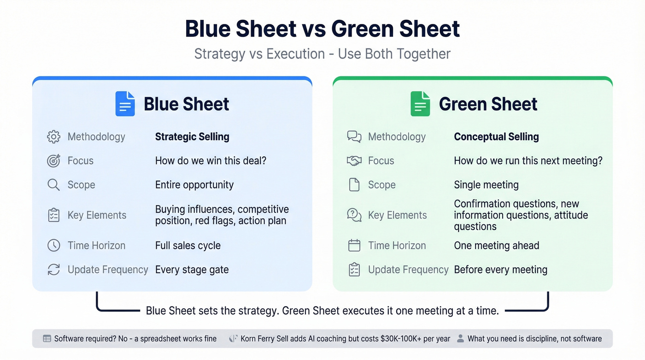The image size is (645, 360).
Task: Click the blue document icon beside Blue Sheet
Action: coord(125,104)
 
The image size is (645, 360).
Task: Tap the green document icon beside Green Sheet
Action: coord(420,104)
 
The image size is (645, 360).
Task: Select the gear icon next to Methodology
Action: coord(54,137)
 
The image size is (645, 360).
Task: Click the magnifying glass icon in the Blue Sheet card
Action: coord(54,185)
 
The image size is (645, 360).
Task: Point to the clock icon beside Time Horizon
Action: coord(54,245)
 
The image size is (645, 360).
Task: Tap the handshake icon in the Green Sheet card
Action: coord(354,161)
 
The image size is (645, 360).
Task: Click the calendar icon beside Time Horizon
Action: coord(354,245)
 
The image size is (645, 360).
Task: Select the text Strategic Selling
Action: coord(192,137)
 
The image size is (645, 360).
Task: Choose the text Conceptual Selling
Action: coord(496,137)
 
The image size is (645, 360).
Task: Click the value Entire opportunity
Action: coord(194,185)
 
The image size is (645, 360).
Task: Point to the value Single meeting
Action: coord(486,185)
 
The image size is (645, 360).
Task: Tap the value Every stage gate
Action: coord(192,270)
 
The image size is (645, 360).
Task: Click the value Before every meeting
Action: coord(500,270)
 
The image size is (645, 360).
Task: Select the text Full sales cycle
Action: coord(188,245)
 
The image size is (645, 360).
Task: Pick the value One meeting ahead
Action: coord(496,245)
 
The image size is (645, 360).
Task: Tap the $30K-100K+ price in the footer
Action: coord(396,339)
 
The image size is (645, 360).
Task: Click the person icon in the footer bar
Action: coord(460,339)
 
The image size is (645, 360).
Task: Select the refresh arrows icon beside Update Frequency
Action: coord(54,270)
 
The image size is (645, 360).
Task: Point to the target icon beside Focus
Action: coord(54,161)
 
